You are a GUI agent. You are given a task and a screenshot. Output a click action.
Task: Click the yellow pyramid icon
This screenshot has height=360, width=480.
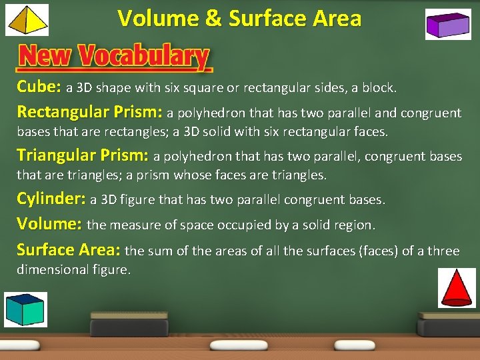[x=27, y=19]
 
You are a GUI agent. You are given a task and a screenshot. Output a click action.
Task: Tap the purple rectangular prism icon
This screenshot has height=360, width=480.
[x=448, y=25]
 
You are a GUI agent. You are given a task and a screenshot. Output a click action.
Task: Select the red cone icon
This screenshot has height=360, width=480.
[x=457, y=287]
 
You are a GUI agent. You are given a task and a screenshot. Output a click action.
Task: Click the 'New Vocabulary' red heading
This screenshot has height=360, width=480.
[x=113, y=57]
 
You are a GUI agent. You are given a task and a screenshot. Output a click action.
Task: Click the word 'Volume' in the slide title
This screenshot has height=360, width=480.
[x=158, y=18]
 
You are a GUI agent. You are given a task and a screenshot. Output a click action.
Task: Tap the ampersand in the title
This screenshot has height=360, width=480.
[x=213, y=18]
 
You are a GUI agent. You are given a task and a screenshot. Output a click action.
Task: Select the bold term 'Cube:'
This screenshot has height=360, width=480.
[x=39, y=87]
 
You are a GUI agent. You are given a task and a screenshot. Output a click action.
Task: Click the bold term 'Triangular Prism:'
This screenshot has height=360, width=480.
[x=83, y=155]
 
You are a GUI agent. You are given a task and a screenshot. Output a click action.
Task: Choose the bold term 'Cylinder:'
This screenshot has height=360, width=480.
[x=51, y=199]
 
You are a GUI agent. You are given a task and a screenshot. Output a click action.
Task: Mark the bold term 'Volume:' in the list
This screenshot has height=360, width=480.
[x=49, y=223]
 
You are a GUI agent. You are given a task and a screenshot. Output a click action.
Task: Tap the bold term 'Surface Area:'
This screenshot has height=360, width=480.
[x=68, y=250]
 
